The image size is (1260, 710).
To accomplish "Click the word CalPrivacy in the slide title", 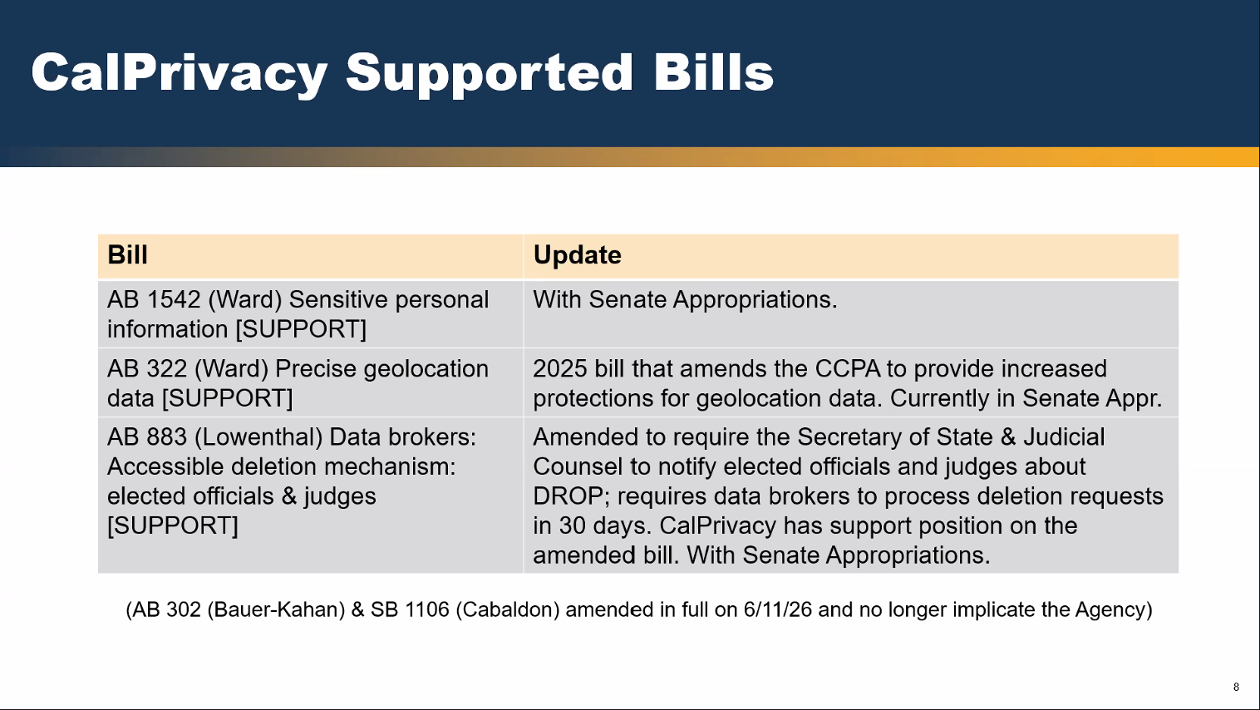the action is [180, 72].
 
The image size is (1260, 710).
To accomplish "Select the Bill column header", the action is [128, 255].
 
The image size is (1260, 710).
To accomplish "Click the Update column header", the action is [577, 255].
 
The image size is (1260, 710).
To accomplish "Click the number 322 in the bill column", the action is [166, 369].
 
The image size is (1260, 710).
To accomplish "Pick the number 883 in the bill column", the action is [166, 437].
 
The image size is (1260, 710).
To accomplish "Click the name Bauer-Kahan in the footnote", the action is [276, 610].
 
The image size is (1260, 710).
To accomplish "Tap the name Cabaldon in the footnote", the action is [507, 610].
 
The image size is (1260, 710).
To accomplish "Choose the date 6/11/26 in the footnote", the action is [777, 610].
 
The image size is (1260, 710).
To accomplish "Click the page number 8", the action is [1236, 687].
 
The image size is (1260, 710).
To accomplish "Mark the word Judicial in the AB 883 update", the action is [1064, 437].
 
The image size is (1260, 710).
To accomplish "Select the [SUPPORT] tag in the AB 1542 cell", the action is [301, 329].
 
